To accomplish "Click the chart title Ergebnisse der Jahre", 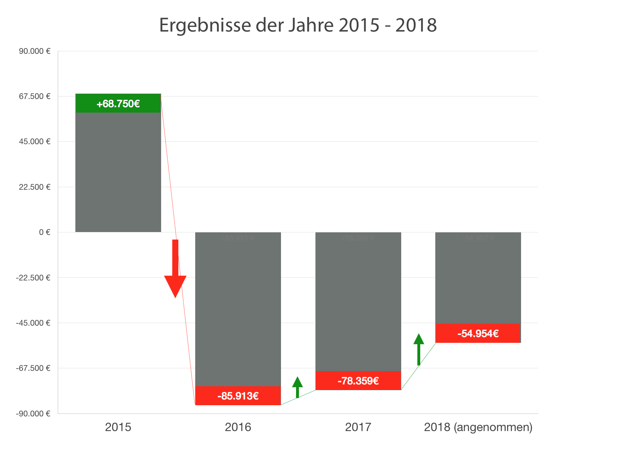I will click(298, 25).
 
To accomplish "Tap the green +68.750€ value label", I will click(118, 104).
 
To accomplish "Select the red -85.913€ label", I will click(238, 396).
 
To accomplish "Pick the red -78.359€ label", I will click(358, 381).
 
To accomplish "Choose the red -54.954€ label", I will click(478, 334).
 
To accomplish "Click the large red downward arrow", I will click(175, 273).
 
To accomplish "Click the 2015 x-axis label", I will click(118, 427).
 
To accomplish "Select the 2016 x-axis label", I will click(238, 427).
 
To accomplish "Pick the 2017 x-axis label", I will click(358, 427).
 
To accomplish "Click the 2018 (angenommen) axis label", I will click(478, 427).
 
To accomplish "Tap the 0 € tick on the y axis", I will click(44, 232).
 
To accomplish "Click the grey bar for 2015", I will click(118, 172).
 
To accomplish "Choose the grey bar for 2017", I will click(358, 301).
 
